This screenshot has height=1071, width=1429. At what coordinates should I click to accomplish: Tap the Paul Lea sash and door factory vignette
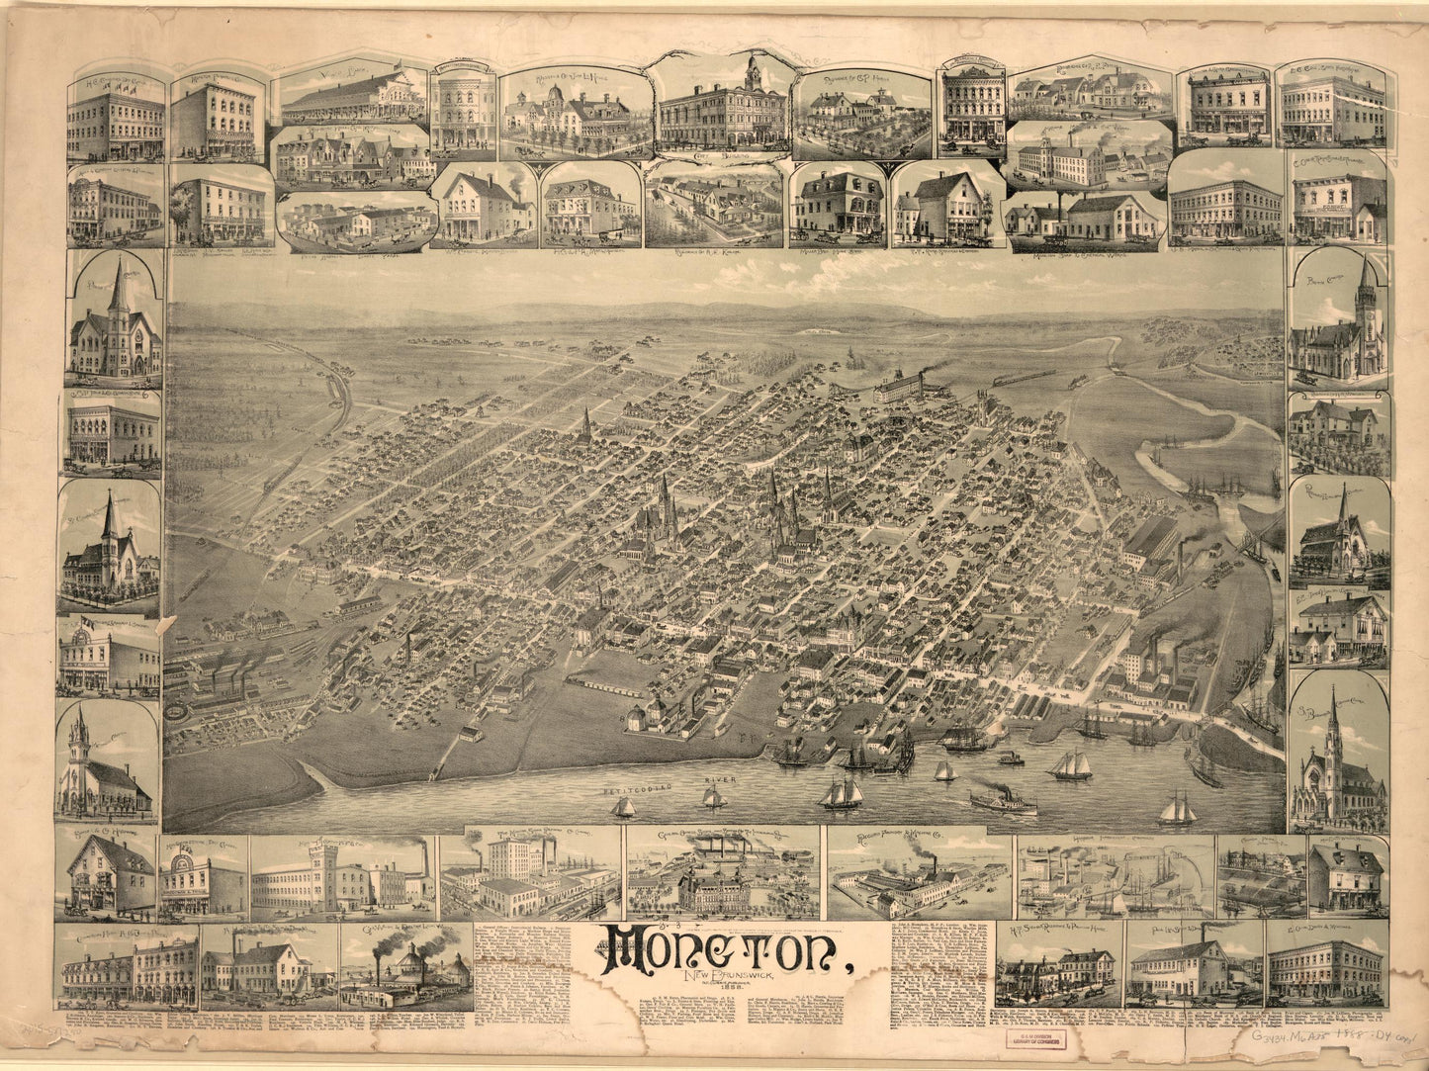[1179, 964]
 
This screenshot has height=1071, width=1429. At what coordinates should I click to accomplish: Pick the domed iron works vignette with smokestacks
[405, 964]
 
